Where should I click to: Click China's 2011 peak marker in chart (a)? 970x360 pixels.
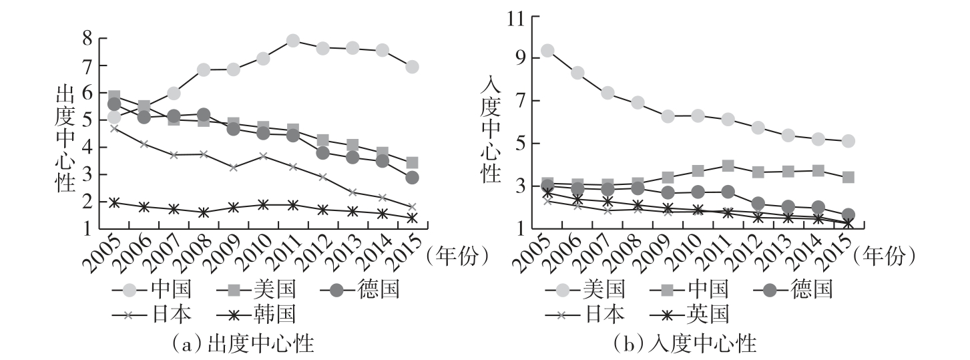point(292,41)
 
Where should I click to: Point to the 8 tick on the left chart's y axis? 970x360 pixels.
point(86,38)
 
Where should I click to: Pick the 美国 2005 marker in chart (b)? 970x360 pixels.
point(547,51)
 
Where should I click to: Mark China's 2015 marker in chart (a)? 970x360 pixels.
point(412,67)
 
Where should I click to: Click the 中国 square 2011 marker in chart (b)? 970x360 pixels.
point(728,166)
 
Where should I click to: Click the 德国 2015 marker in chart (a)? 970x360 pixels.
point(412,178)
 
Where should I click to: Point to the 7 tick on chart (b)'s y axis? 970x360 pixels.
point(518,101)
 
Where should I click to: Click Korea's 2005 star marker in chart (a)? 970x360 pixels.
point(114,202)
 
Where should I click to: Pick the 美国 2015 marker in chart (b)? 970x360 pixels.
point(848,141)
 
